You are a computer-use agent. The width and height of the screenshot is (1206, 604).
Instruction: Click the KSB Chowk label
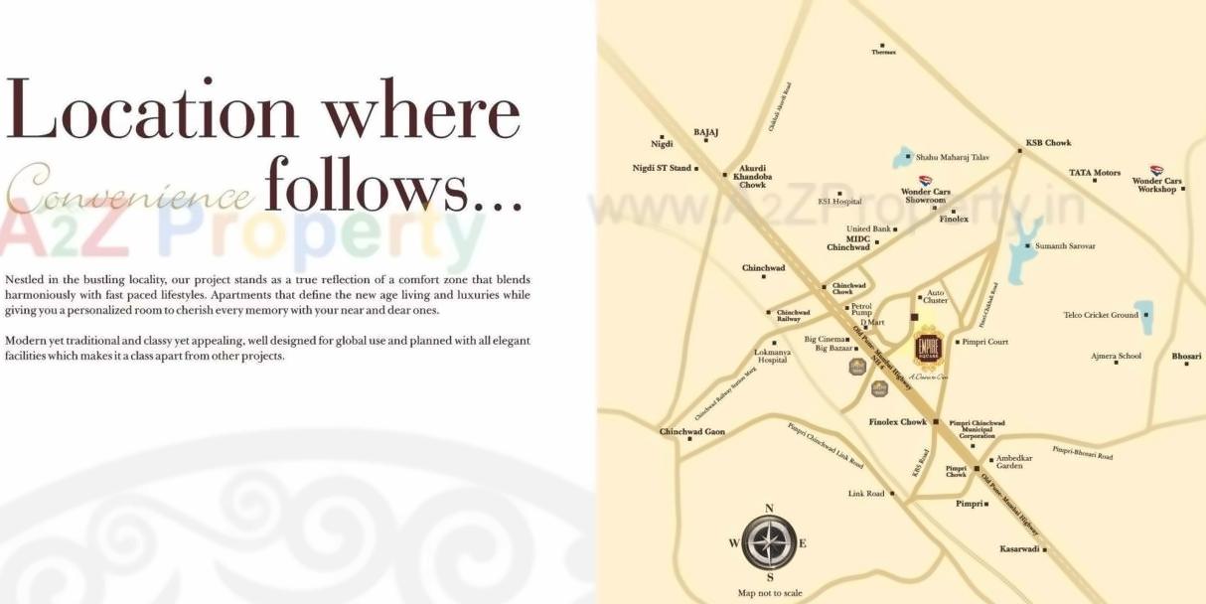(x=1048, y=143)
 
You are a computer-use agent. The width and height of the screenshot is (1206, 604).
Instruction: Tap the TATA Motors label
(x=1094, y=173)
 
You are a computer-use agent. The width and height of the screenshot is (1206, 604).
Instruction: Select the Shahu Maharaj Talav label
(x=952, y=157)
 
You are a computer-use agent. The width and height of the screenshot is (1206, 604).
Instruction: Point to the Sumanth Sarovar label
(x=1065, y=245)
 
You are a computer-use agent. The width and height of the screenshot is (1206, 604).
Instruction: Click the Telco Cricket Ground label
(x=1101, y=315)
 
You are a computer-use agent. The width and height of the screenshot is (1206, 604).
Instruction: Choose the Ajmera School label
(x=1116, y=356)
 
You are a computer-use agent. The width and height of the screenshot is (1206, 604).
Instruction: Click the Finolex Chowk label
(x=897, y=422)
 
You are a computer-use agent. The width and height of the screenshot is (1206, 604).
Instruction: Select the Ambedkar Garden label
(x=1013, y=462)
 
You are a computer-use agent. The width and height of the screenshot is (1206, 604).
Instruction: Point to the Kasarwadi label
(x=1019, y=548)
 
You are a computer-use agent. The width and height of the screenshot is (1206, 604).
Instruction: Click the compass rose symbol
(x=769, y=542)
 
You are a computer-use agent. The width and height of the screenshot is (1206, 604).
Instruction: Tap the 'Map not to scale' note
(x=770, y=593)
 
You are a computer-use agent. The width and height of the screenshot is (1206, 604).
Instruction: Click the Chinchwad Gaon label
(x=692, y=432)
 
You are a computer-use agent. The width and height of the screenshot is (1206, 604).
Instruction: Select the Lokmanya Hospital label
(x=773, y=356)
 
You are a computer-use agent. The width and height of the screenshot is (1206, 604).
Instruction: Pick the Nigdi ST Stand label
(x=662, y=168)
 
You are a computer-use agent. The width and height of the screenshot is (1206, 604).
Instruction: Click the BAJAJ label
(x=706, y=132)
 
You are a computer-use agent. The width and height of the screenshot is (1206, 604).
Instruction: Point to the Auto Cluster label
(x=935, y=296)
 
